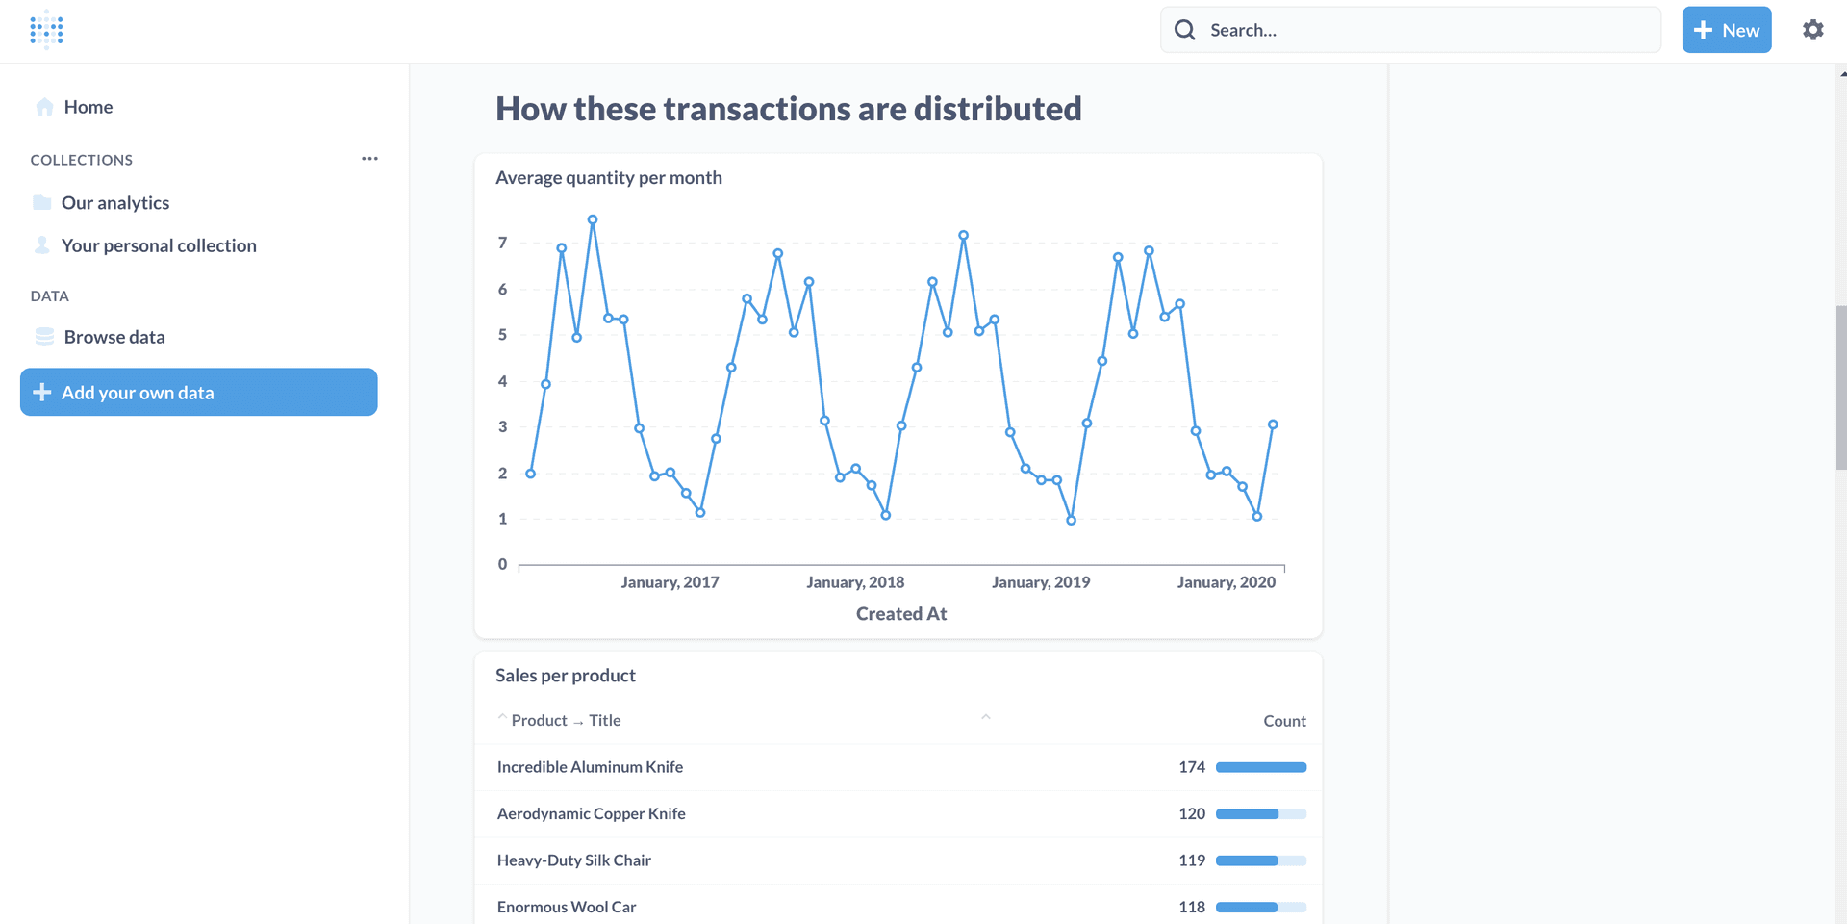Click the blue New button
click(x=1726, y=30)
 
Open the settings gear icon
click(x=1812, y=30)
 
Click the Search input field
click(x=1424, y=30)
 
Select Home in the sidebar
click(x=88, y=107)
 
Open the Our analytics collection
click(x=114, y=203)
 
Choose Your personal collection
click(x=159, y=245)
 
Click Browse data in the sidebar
click(x=114, y=337)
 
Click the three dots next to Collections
click(x=369, y=159)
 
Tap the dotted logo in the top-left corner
click(x=46, y=30)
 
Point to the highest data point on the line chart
click(x=593, y=219)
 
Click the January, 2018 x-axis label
click(x=854, y=582)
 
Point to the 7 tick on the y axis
click(x=502, y=243)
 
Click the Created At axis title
click(x=900, y=614)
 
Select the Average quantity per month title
click(x=608, y=178)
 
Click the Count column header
click(x=1283, y=721)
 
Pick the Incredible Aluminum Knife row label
click(x=590, y=767)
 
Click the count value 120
click(x=1191, y=814)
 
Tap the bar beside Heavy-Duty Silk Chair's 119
click(x=1260, y=860)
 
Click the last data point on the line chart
click(x=1272, y=424)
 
